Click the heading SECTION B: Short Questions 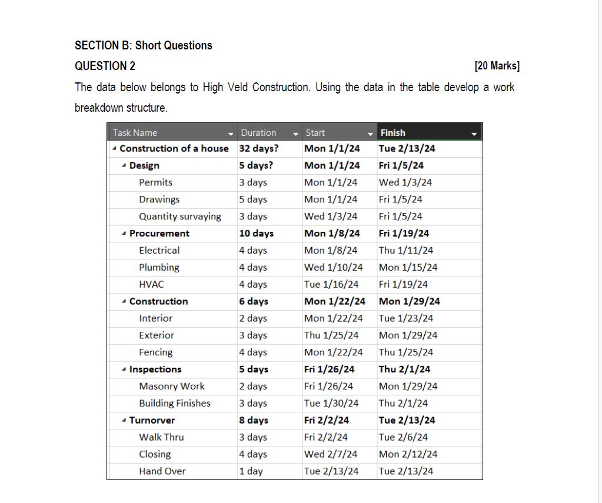tap(144, 45)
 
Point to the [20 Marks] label tap(497, 66)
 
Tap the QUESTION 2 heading tap(105, 66)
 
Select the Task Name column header tap(135, 133)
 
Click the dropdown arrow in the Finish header tap(474, 134)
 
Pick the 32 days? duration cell tap(258, 148)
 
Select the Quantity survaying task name tap(180, 216)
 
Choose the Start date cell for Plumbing tap(333, 267)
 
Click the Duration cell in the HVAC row tap(252, 284)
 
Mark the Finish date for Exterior tap(408, 335)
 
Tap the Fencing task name tap(156, 352)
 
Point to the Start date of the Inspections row tap(329, 369)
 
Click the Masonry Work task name tap(172, 387)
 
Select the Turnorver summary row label tap(152, 420)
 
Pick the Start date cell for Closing tap(331, 454)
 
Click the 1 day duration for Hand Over tap(251, 471)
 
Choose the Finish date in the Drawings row tap(400, 199)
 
